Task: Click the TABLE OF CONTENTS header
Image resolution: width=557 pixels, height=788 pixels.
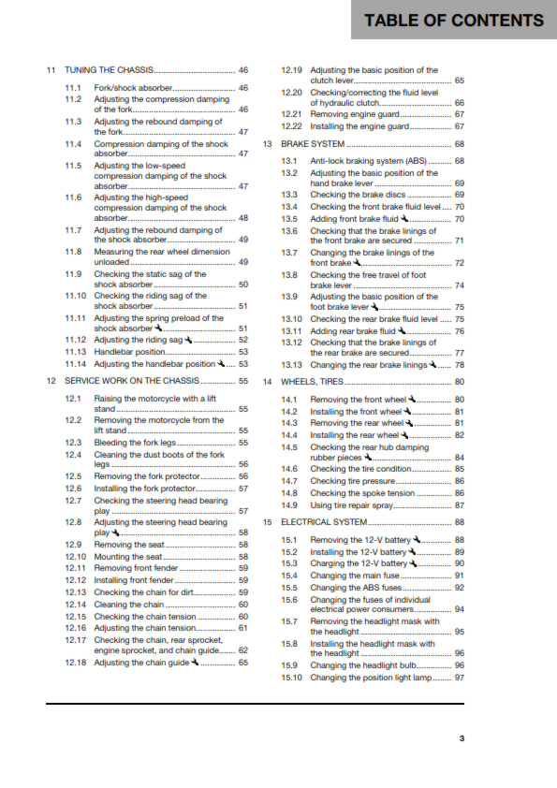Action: tap(454, 21)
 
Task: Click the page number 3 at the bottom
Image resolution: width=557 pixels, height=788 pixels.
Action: tap(462, 738)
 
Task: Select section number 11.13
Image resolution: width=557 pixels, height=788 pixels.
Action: tap(76, 352)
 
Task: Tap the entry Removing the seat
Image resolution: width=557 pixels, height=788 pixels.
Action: tap(127, 545)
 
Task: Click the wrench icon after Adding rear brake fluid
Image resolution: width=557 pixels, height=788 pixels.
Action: tap(402, 330)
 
